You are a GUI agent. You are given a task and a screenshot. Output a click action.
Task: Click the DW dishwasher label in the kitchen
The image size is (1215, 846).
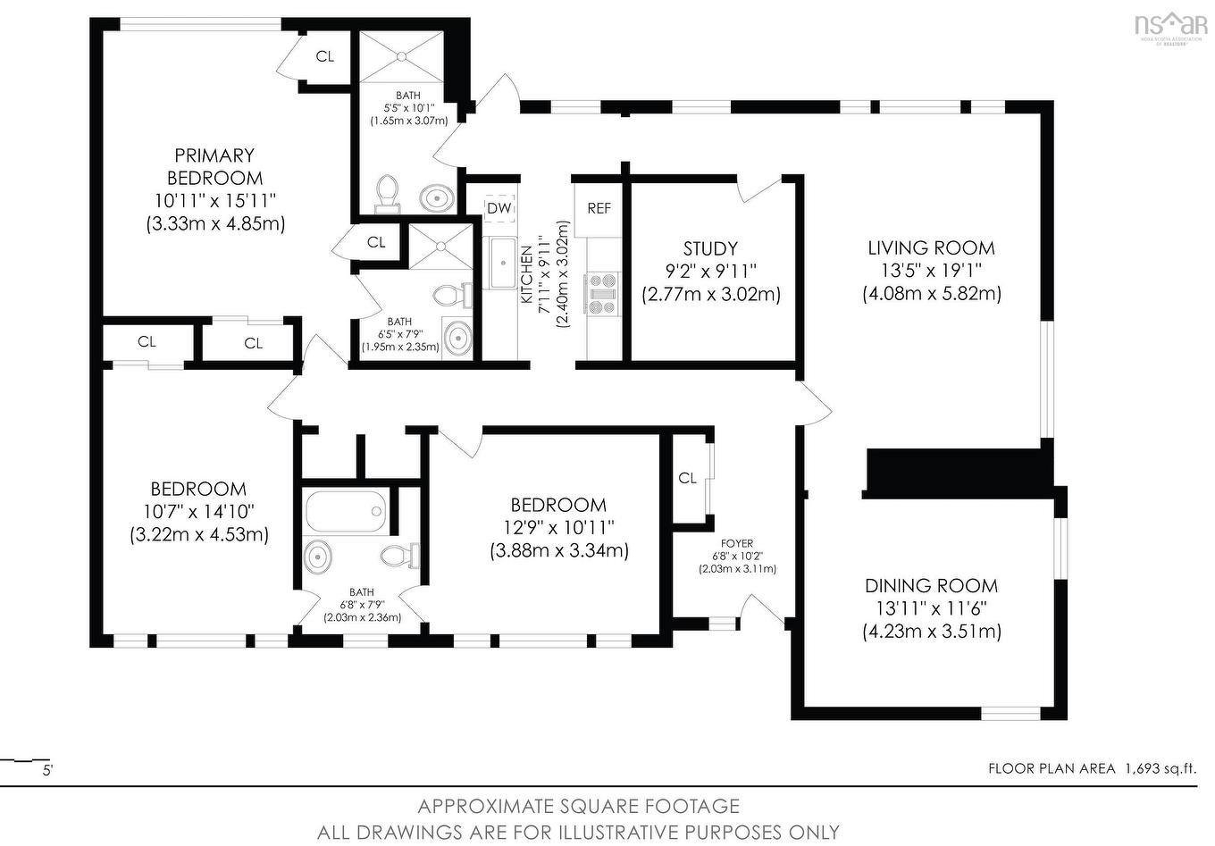499,208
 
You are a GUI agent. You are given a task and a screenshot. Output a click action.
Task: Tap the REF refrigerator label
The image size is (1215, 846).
599,208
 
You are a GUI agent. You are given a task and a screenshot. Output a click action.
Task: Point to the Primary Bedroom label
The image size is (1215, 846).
214,167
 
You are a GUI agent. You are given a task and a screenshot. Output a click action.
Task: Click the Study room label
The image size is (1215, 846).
710,248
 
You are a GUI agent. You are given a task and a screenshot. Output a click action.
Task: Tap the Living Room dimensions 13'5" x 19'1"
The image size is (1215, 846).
931,271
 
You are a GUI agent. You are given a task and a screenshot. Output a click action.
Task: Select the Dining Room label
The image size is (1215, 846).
931,586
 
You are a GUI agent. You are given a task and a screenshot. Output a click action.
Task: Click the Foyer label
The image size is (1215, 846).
737,543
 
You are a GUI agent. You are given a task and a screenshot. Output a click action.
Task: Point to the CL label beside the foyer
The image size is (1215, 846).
687,478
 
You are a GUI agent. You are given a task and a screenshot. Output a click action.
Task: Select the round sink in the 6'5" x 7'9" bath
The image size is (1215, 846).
458,338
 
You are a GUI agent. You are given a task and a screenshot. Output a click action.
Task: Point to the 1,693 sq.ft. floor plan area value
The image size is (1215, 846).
1160,768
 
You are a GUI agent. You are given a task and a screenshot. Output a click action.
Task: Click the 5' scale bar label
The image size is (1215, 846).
47,770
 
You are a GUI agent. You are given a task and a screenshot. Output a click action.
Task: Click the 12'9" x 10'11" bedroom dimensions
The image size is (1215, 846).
558,527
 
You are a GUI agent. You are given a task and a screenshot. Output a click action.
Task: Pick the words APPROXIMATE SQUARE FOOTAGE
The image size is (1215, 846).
578,807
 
